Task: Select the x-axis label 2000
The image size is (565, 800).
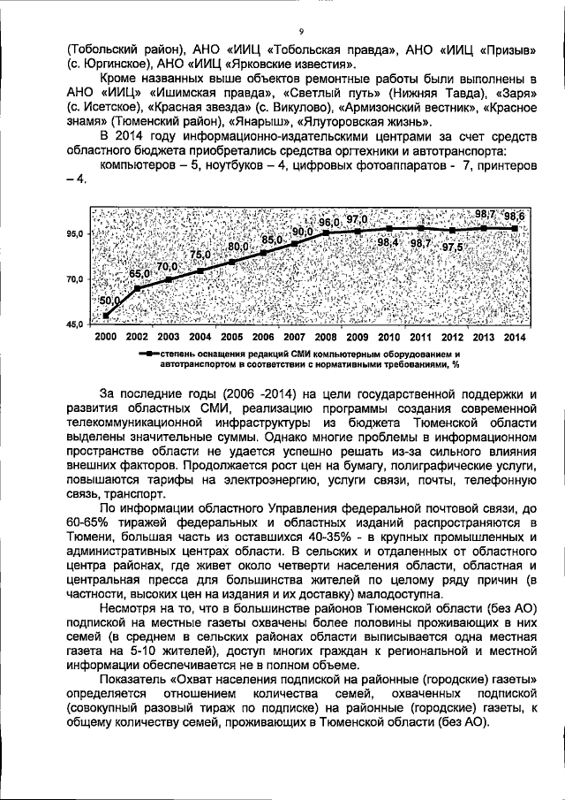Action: pyautogui.click(x=105, y=338)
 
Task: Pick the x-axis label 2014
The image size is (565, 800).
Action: pyautogui.click(x=515, y=338)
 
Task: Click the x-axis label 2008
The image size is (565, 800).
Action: pyautogui.click(x=326, y=338)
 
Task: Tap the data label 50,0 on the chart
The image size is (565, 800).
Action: pyautogui.click(x=110, y=301)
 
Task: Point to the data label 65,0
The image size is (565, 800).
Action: pyautogui.click(x=139, y=274)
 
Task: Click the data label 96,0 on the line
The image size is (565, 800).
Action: pyautogui.click(x=329, y=222)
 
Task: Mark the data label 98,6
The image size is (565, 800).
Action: pyautogui.click(x=513, y=216)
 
